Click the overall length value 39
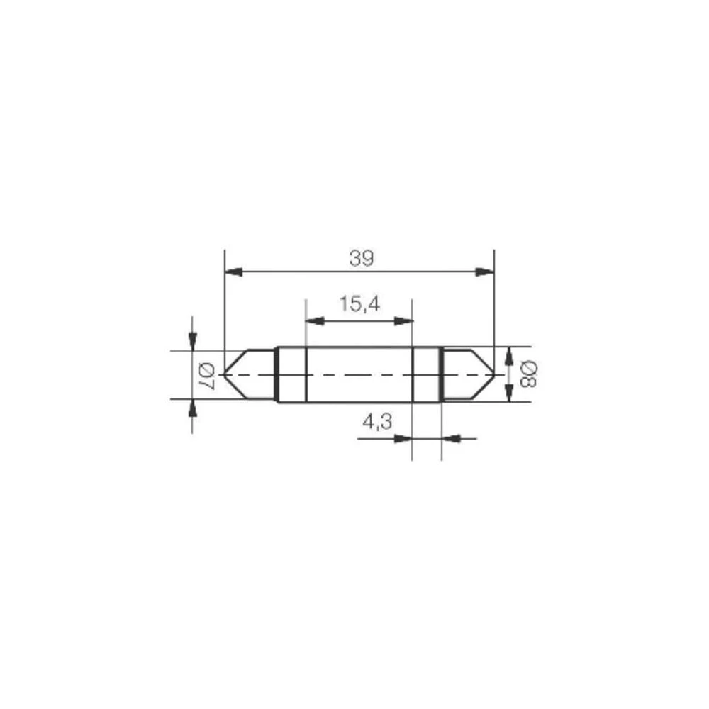360,259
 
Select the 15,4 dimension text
359,305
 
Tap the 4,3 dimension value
376,423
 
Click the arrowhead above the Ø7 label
192,341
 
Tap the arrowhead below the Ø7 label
192,408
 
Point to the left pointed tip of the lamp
225,373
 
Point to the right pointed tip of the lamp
493,373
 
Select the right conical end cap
466,373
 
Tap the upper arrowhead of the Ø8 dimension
508,357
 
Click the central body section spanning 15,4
359,374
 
